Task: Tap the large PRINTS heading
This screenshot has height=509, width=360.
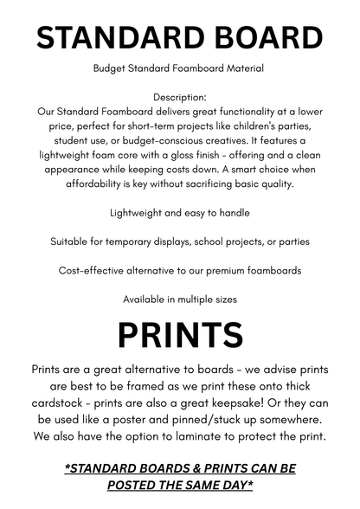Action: click(180, 335)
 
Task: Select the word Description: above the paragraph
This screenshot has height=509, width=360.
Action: click(180, 98)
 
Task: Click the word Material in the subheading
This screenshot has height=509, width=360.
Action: click(240, 68)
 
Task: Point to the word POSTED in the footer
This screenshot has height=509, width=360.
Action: click(139, 486)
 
